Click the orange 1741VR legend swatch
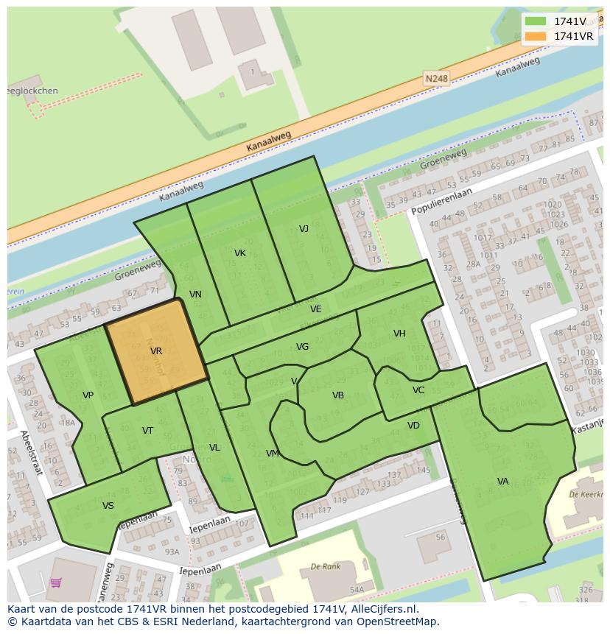(x=536, y=36)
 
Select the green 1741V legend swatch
(x=536, y=21)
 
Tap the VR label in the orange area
(x=156, y=351)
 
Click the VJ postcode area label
(x=304, y=228)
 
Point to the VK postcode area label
(x=240, y=253)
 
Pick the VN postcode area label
(x=195, y=295)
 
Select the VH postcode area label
(x=399, y=334)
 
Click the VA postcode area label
(x=502, y=482)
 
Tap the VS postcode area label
(x=108, y=506)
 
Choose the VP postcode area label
(x=88, y=395)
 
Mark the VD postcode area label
(x=413, y=426)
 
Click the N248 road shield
(x=436, y=77)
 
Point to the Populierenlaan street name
(x=441, y=200)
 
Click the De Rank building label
(x=325, y=567)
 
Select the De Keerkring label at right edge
(x=586, y=495)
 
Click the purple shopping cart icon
(x=56, y=583)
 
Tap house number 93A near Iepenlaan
(x=171, y=552)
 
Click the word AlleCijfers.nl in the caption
(x=382, y=609)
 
